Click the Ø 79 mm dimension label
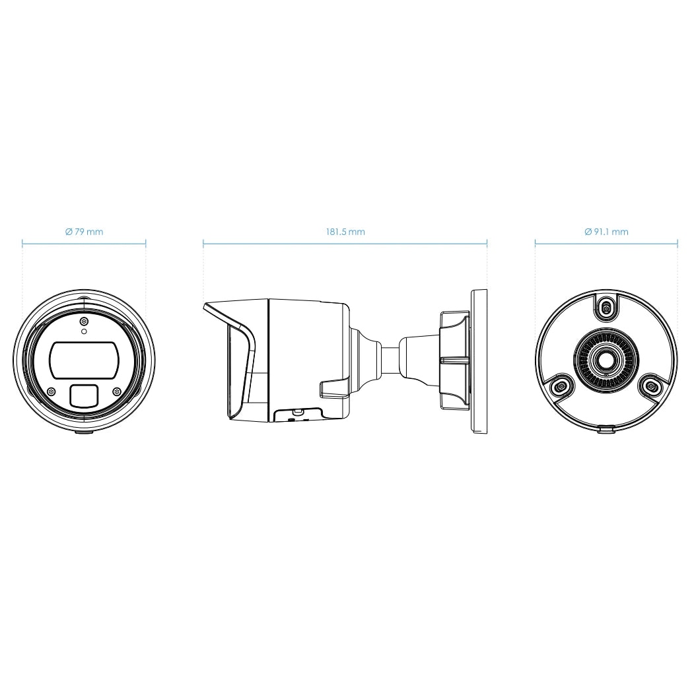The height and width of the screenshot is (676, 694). pyautogui.click(x=84, y=232)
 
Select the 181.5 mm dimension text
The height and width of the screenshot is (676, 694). pyautogui.click(x=345, y=232)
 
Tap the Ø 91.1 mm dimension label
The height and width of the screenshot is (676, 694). pyautogui.click(x=606, y=232)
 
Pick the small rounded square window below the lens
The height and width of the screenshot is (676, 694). pyautogui.click(x=84, y=395)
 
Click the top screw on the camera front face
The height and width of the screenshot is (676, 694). pyautogui.click(x=84, y=321)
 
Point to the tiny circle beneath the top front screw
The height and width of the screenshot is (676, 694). pyautogui.click(x=84, y=331)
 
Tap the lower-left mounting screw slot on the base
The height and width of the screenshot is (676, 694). pyautogui.click(x=562, y=386)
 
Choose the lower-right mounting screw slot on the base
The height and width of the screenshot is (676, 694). pyautogui.click(x=650, y=386)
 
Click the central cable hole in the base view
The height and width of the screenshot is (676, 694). pyautogui.click(x=606, y=360)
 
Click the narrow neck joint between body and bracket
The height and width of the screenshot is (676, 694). pyautogui.click(x=390, y=360)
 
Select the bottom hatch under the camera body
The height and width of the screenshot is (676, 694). pyautogui.click(x=296, y=415)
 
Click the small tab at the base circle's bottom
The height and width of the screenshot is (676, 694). pyautogui.click(x=606, y=430)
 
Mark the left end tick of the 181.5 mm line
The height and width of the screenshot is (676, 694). pyautogui.click(x=203, y=243)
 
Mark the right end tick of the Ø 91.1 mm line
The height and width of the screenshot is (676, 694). pyautogui.click(x=677, y=243)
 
